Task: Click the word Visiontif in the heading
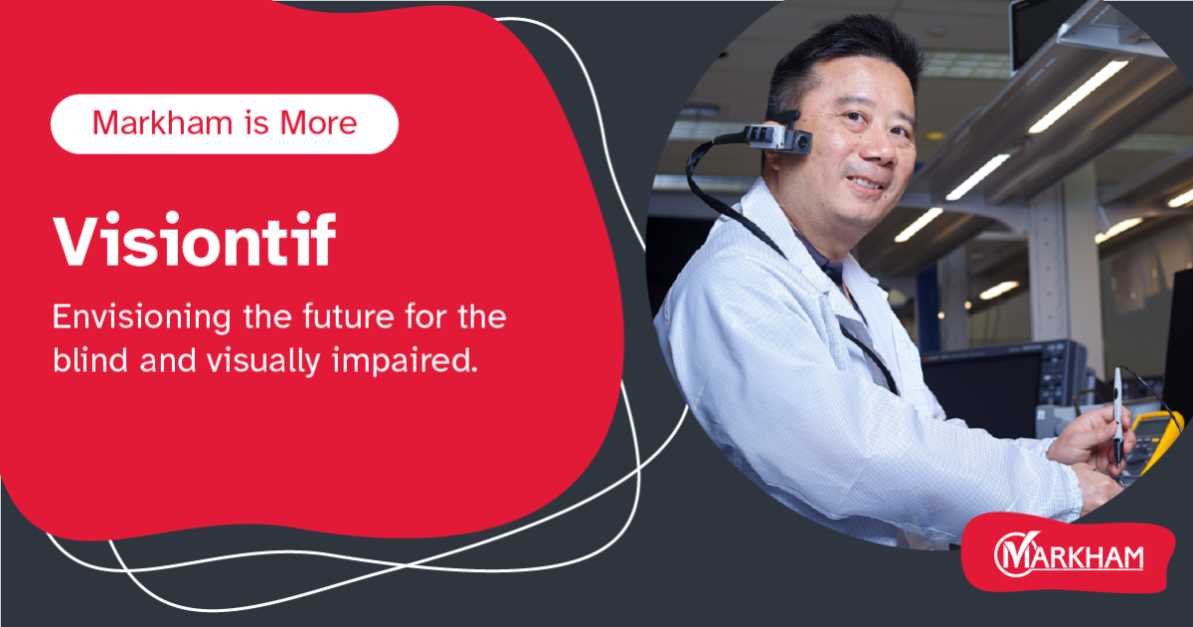(x=194, y=242)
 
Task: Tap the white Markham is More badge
(x=225, y=123)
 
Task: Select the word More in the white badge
(x=321, y=123)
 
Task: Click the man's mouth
(x=865, y=183)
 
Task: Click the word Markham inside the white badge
(x=153, y=123)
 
